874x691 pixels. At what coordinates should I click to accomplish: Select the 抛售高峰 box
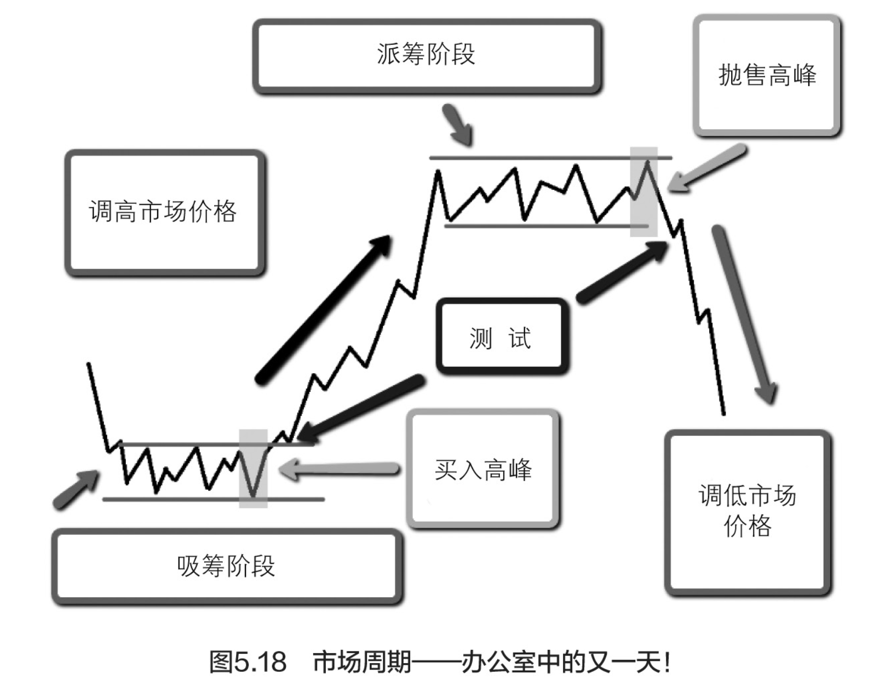pos(767,76)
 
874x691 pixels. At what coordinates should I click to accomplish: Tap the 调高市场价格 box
pos(163,212)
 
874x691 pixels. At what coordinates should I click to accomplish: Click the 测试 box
pos(501,337)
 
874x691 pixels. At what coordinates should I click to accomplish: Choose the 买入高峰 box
pos(483,470)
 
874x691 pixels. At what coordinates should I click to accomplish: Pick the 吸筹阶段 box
pos(226,566)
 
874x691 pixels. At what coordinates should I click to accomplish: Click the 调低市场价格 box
pos(748,511)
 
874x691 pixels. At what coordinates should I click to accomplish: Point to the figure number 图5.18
pos(248,662)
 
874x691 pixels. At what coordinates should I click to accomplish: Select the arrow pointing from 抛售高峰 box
pos(706,169)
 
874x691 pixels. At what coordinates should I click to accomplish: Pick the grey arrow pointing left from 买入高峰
pos(340,470)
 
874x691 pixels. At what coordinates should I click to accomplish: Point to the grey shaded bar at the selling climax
pos(643,192)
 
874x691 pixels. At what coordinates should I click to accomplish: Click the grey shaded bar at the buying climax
pos(253,469)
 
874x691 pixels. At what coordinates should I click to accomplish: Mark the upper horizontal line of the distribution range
pos(548,158)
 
